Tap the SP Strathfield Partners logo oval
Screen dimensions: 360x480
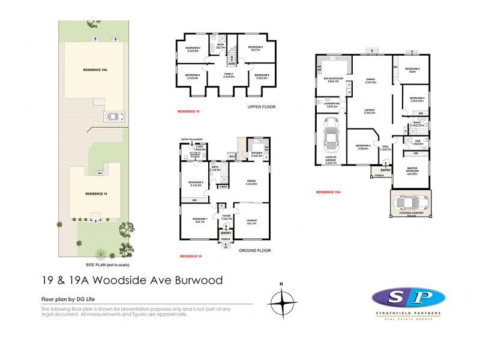[409, 298]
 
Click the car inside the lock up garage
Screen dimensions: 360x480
[330, 135]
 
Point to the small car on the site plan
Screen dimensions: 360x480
[113, 116]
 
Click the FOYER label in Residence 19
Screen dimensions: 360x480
[226, 217]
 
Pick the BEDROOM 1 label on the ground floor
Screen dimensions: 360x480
[199, 220]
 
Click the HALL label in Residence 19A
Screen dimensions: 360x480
[385, 148]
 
